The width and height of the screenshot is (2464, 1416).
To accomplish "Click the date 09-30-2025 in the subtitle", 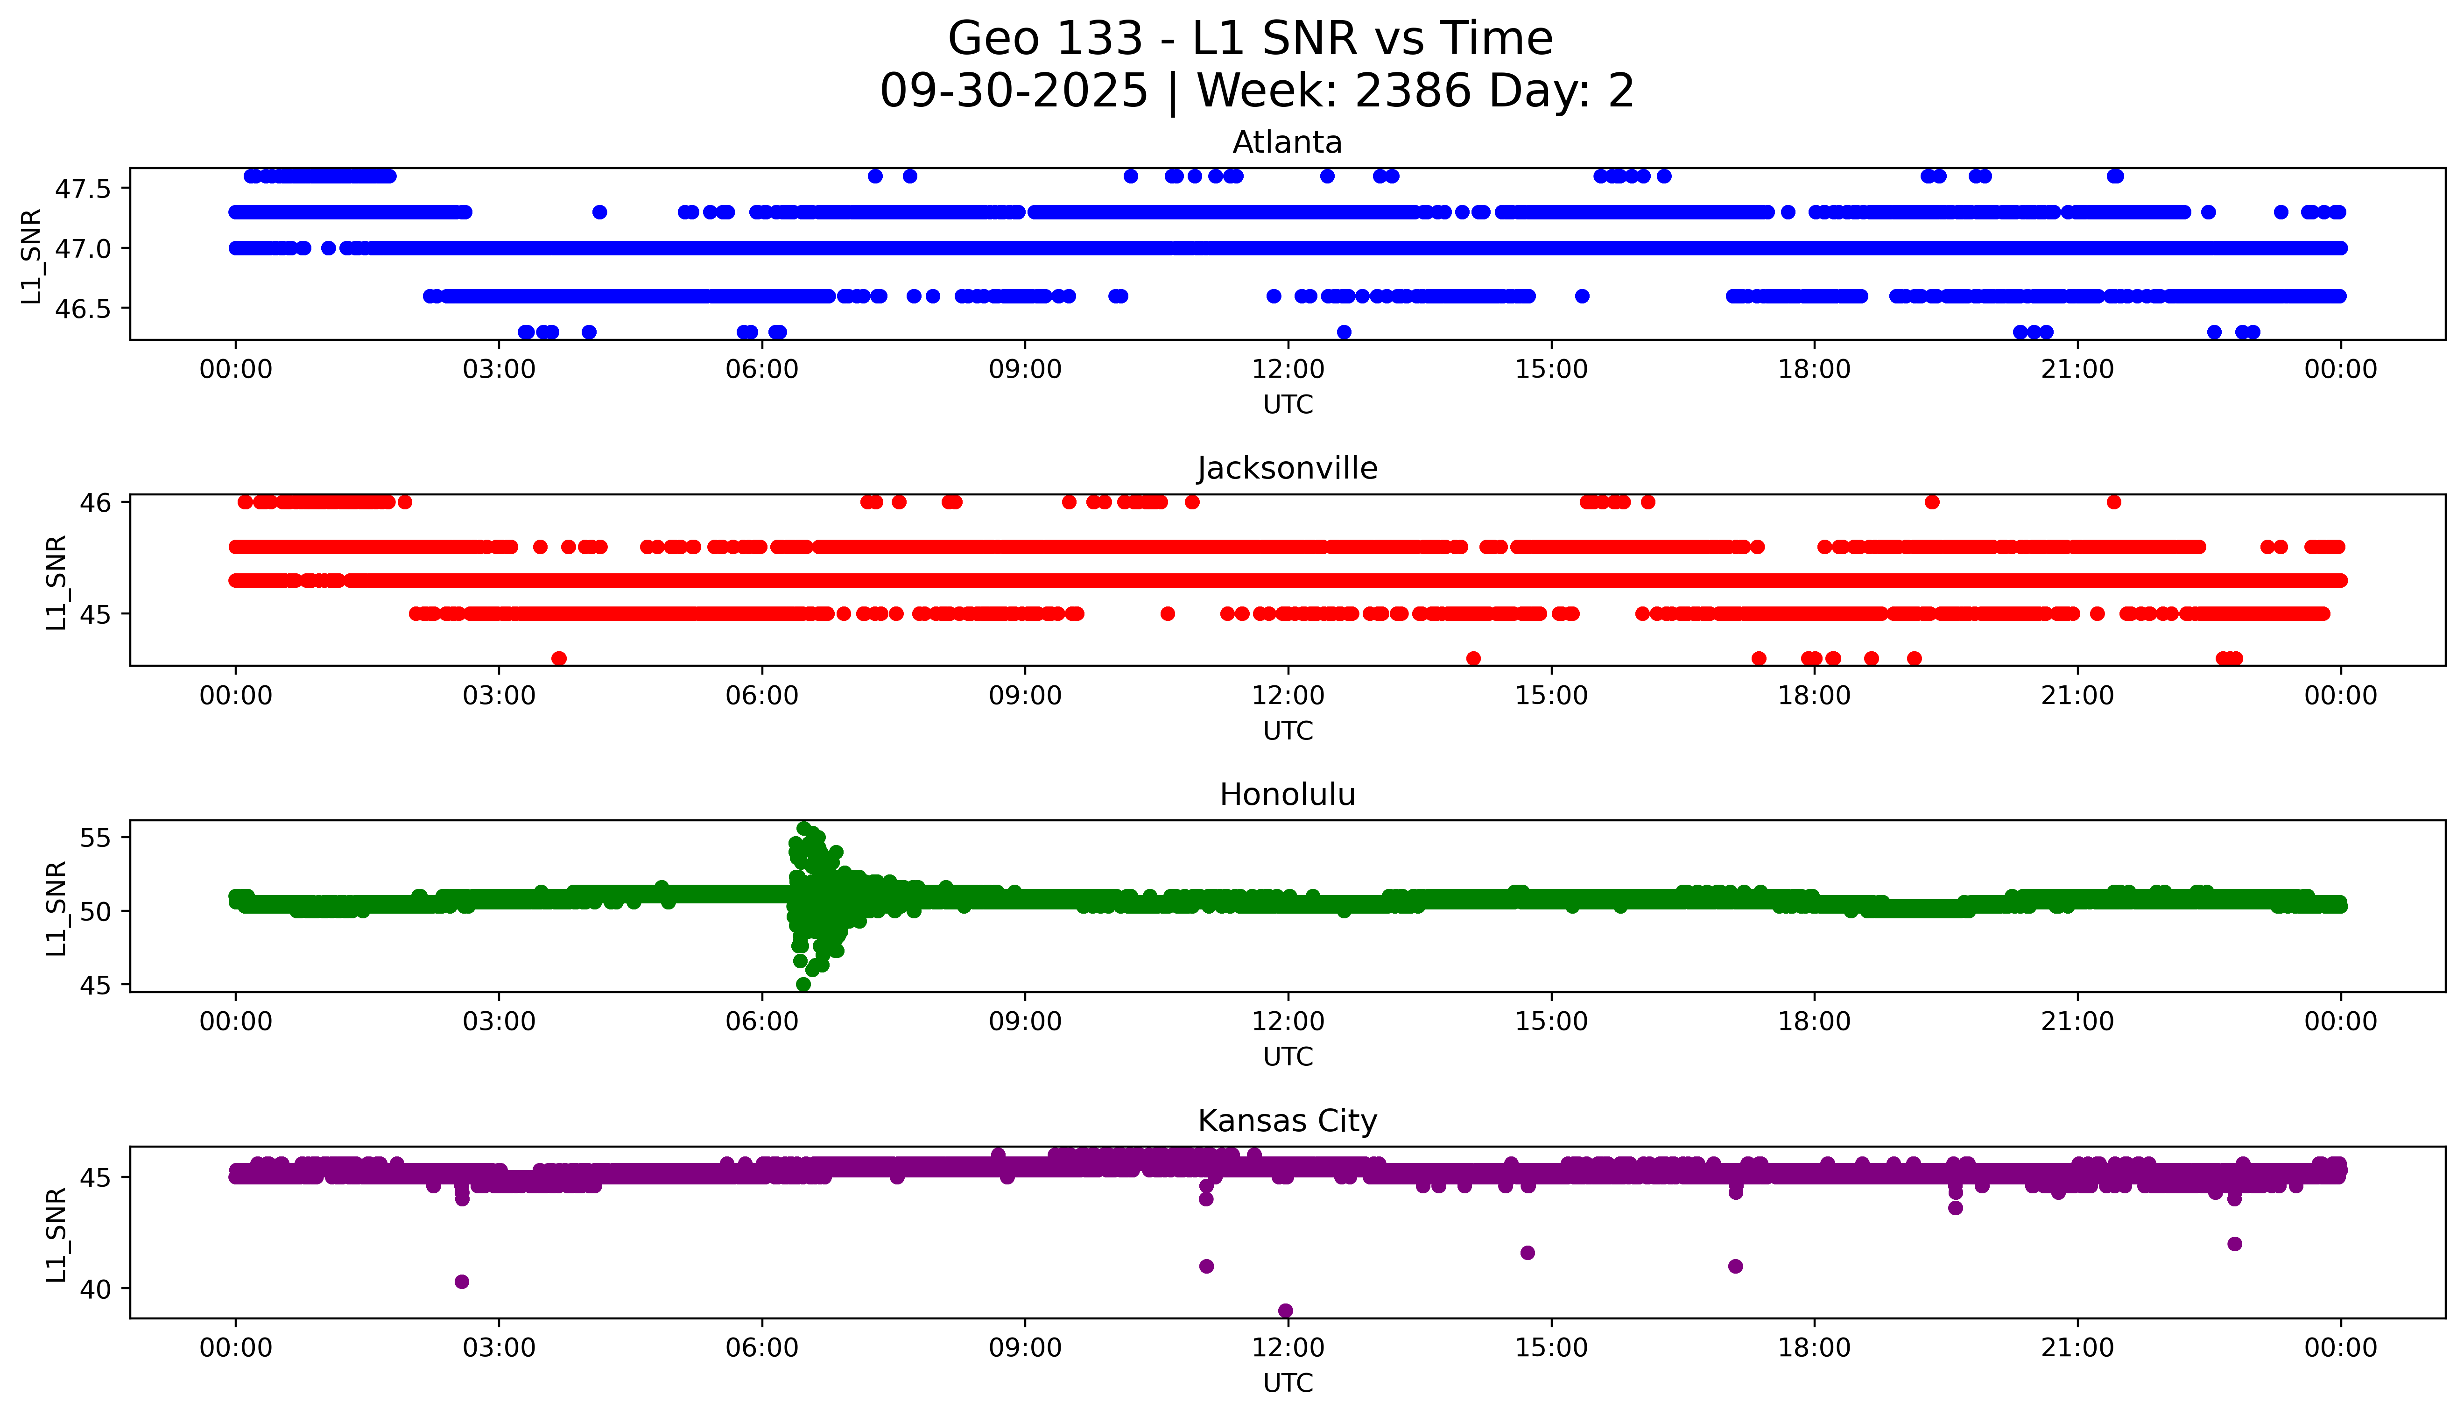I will [1014, 92].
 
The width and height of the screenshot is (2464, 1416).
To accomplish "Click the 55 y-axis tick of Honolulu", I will [97, 838].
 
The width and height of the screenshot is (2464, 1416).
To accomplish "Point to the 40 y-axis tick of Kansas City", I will [97, 1289].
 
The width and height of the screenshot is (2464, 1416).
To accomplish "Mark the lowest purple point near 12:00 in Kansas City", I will [1286, 1310].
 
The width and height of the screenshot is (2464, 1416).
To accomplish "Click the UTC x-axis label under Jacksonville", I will [1288, 730].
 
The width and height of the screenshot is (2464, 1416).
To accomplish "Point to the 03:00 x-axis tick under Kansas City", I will [499, 1348].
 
